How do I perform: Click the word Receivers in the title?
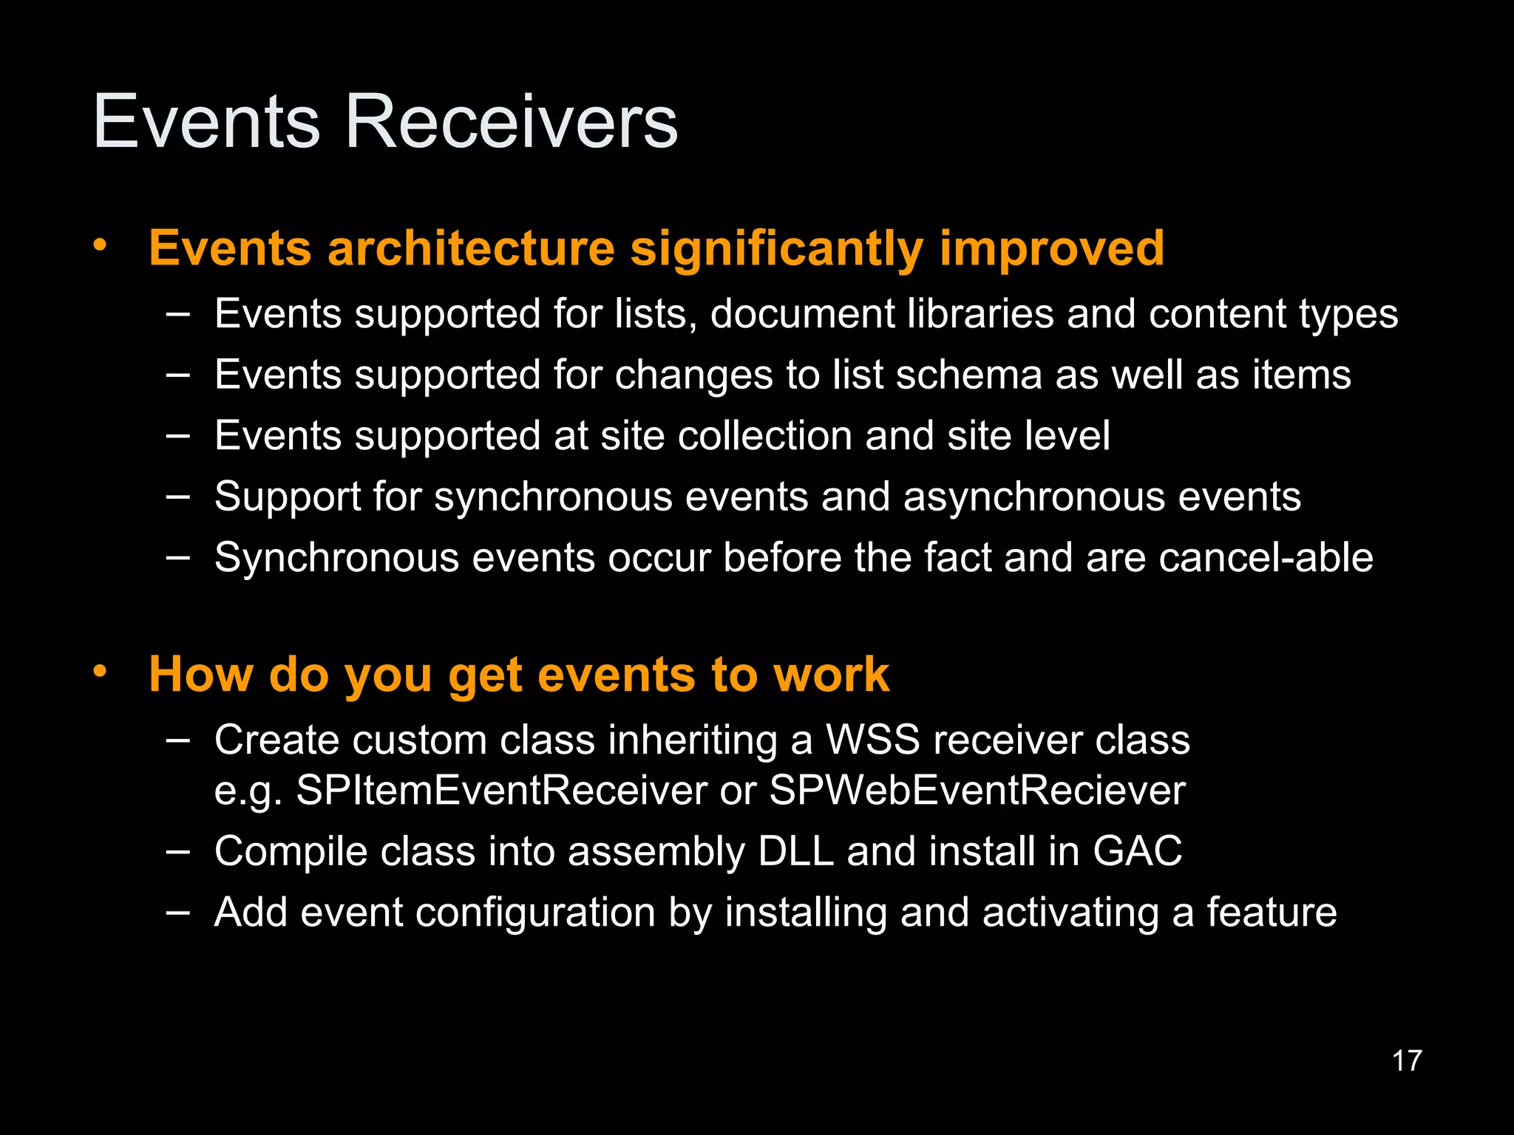click(511, 122)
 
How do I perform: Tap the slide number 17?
click(1406, 1061)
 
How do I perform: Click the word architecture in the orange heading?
click(471, 248)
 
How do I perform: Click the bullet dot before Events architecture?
click(101, 245)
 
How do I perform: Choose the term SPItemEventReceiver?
click(501, 790)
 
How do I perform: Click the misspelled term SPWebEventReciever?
click(977, 790)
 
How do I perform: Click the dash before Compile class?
click(177, 851)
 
